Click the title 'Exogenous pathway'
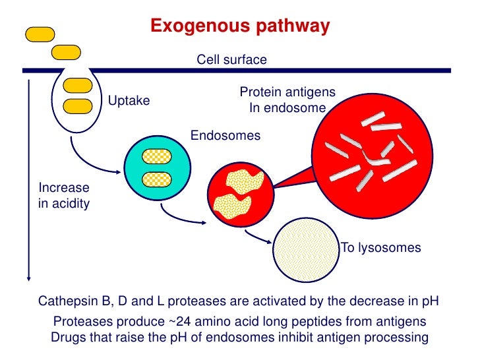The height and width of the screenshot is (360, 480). (239, 26)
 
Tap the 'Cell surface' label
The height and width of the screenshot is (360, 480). (232, 60)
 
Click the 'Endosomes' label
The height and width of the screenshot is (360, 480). (225, 136)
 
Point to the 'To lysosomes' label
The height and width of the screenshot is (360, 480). (380, 248)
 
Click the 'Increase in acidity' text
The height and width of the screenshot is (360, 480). (64, 195)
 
